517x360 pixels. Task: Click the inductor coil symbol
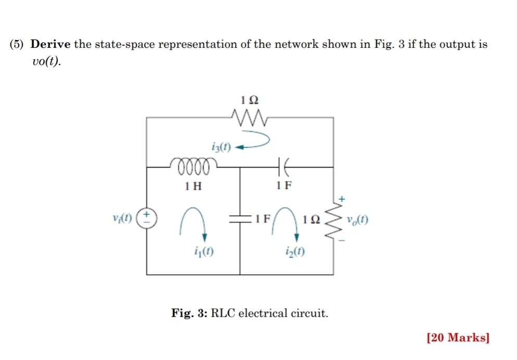pos(193,167)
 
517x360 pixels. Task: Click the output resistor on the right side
pos(333,220)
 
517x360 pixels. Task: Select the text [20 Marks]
pos(457,338)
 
